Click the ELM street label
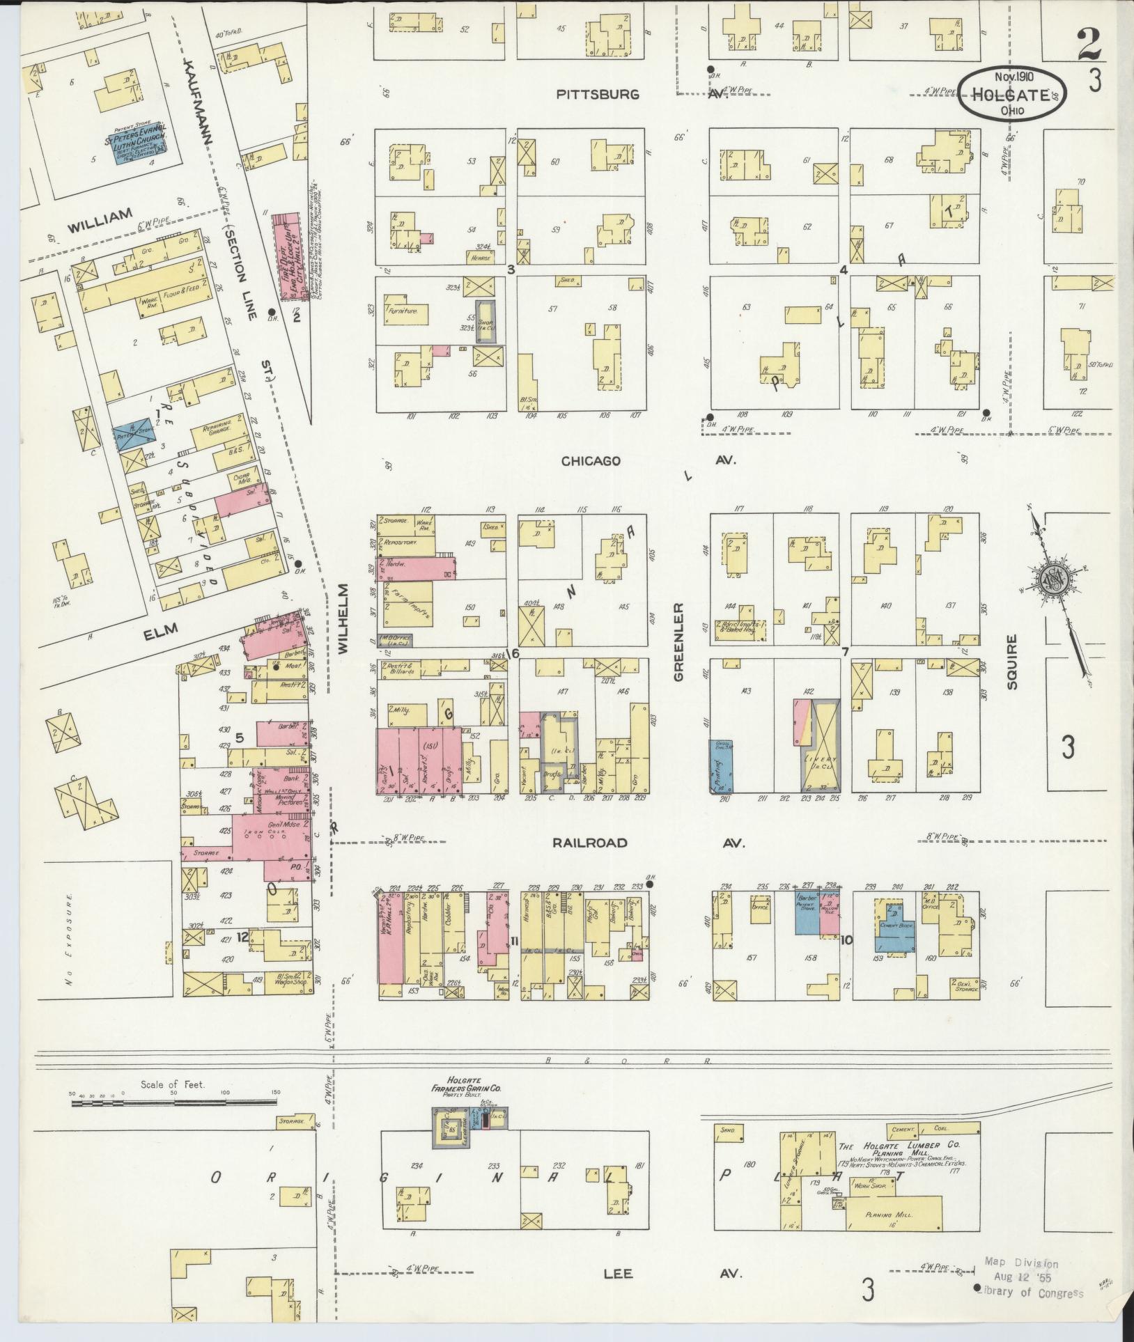[162, 631]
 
